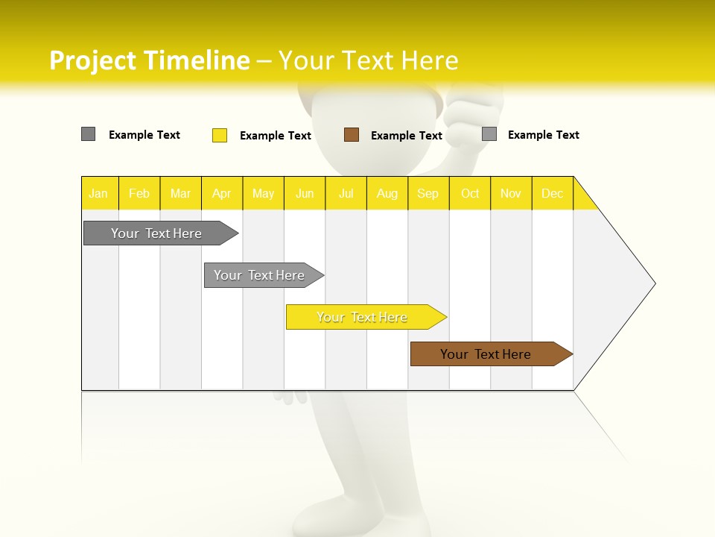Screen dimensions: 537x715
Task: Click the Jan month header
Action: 98,193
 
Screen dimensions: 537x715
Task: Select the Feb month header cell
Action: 139,193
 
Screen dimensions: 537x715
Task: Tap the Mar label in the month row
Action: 180,193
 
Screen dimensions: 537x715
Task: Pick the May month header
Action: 263,193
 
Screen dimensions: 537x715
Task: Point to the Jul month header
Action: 346,193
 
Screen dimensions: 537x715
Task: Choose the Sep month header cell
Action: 428,193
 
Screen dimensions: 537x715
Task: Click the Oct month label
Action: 470,193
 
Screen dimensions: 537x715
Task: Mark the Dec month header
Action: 552,193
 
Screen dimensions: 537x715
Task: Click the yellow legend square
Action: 220,135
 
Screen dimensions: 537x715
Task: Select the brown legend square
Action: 352,135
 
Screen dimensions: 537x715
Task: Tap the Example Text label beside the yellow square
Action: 275,136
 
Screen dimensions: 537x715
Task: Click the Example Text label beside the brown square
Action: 406,136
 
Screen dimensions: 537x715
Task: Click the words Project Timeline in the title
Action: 149,60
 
